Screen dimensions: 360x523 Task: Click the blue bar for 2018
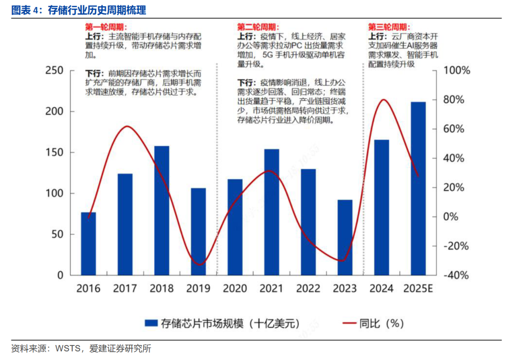click(162, 210)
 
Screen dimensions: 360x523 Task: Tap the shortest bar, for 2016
click(88, 243)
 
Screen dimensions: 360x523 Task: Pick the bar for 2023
click(345, 237)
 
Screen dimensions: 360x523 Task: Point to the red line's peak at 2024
click(384, 100)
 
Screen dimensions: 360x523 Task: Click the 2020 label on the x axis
click(235, 289)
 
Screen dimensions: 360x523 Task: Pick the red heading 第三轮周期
click(388, 27)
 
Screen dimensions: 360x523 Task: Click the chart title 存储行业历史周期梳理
click(97, 10)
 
